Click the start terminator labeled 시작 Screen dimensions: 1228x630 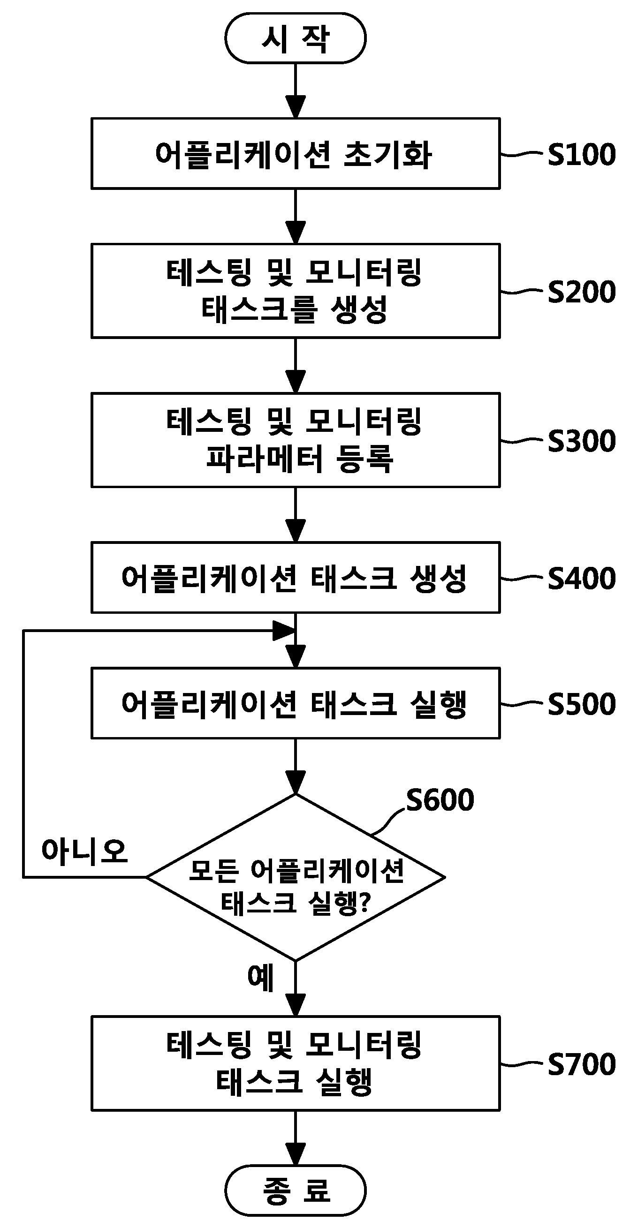click(295, 38)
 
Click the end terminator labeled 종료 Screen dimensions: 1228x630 click(295, 1190)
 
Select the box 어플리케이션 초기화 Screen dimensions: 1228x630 click(295, 153)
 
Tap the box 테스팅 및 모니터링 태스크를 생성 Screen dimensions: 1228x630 click(295, 291)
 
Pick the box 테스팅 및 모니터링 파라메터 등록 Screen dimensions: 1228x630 click(295, 440)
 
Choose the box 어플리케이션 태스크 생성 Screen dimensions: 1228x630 click(295, 577)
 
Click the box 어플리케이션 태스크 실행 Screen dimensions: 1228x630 click(295, 703)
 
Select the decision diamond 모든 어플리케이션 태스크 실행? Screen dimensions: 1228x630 click(295, 877)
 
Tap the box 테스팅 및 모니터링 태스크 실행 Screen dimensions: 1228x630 click(295, 1063)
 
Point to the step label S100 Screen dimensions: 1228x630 click(581, 154)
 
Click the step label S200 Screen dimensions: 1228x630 click(581, 292)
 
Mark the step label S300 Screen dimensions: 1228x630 click(581, 440)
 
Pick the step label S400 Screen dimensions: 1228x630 click(581, 578)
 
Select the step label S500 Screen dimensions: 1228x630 click(581, 704)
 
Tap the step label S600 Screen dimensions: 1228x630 click(440, 799)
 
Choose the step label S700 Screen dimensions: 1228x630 click(581, 1064)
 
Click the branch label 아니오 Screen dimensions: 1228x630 click(84, 851)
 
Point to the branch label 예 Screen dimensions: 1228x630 click(260, 977)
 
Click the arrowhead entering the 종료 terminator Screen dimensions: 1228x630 click(295, 1153)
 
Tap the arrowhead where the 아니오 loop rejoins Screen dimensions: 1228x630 click(283, 631)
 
